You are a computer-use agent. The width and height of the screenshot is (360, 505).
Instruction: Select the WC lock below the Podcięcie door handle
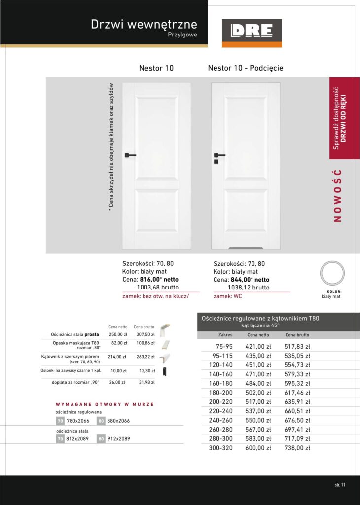point(216,162)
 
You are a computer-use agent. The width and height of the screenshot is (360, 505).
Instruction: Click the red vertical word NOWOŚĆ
point(337,196)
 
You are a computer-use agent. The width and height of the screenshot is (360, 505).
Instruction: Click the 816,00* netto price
point(159,279)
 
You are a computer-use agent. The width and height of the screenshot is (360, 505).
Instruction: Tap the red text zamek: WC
point(228,296)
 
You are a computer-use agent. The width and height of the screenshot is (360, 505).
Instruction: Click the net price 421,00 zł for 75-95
point(258,346)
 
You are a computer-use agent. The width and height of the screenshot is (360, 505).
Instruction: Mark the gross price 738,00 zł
point(297,448)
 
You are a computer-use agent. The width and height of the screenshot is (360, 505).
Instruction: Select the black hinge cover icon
point(165,370)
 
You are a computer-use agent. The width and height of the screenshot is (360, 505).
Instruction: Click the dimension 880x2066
point(118,421)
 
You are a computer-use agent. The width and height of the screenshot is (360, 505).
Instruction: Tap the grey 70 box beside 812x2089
point(60,438)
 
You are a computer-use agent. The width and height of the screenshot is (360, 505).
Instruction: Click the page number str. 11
point(339,484)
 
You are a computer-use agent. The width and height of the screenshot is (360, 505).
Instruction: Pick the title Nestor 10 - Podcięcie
point(246,68)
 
